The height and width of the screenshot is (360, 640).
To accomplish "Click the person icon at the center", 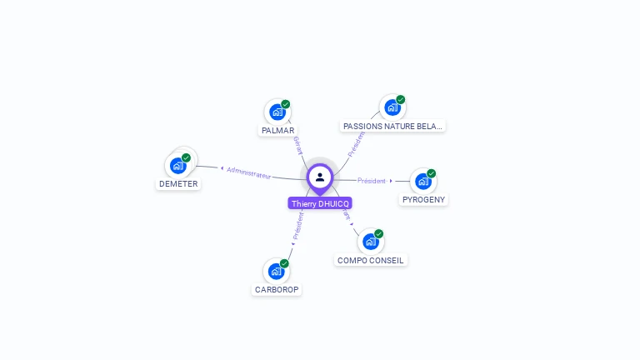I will pyautogui.click(x=320, y=177).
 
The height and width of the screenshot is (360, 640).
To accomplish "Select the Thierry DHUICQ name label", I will pyautogui.click(x=320, y=203).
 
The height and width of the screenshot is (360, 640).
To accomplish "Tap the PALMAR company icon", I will pyautogui.click(x=277, y=112).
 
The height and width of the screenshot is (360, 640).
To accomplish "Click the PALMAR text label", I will pyautogui.click(x=277, y=131).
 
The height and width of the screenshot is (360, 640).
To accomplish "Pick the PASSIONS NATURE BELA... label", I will pyautogui.click(x=392, y=126).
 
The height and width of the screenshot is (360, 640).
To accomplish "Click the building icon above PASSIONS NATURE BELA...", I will pyautogui.click(x=392, y=107).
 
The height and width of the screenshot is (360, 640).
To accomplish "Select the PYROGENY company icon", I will pyautogui.click(x=422, y=181).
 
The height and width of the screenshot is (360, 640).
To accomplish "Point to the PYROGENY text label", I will pyautogui.click(x=423, y=200).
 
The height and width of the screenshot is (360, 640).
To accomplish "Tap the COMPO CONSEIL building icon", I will pyautogui.click(x=370, y=242).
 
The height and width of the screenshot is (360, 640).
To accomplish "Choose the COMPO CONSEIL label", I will pyautogui.click(x=371, y=260).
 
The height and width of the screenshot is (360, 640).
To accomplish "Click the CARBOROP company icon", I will pyautogui.click(x=276, y=271).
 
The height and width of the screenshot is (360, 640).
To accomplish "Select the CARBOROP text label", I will pyautogui.click(x=277, y=290).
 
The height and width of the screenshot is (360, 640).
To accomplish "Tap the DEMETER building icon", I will pyautogui.click(x=177, y=165).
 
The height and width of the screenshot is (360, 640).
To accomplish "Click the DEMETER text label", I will pyautogui.click(x=178, y=183).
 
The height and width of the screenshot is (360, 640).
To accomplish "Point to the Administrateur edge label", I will pyautogui.click(x=248, y=172).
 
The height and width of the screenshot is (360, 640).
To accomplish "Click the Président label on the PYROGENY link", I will pyautogui.click(x=372, y=180).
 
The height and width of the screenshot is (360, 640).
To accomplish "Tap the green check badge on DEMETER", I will pyautogui.click(x=187, y=157).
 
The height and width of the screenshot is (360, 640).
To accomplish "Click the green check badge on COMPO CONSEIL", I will pyautogui.click(x=379, y=234).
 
